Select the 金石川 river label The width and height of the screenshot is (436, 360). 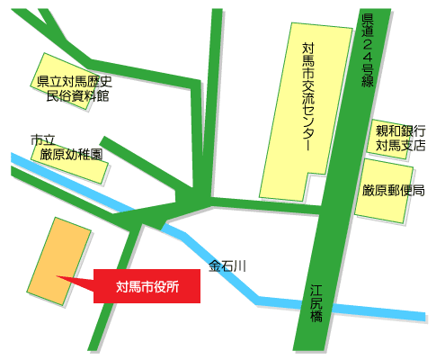[x=227, y=266]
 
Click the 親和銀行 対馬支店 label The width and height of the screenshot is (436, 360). [x=400, y=137]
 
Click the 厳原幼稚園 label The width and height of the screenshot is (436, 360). [x=72, y=154]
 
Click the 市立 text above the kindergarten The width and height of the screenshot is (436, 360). [x=43, y=140]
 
